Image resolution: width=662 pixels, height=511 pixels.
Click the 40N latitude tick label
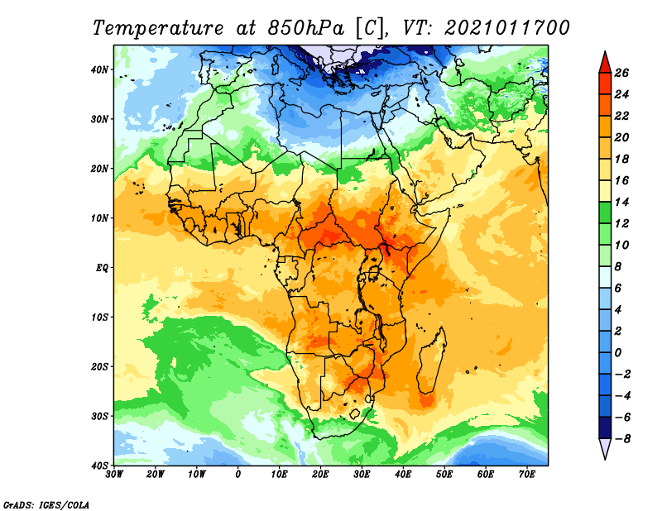click(99, 69)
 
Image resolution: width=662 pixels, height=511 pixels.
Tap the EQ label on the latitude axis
click(102, 268)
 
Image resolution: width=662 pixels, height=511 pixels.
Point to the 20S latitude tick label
click(99, 366)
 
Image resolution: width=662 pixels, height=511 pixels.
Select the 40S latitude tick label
click(99, 466)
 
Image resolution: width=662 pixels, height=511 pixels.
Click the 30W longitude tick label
click(114, 475)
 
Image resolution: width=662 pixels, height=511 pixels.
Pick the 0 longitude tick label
click(238, 475)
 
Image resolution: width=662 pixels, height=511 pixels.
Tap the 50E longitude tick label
click(444, 475)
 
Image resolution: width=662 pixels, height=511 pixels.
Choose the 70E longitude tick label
click(527, 475)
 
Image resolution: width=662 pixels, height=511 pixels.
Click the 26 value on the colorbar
click(621, 73)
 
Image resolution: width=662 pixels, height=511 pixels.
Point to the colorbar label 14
click(621, 202)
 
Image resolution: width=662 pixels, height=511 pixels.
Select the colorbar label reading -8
click(622, 439)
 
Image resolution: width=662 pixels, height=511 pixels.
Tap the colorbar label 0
click(618, 353)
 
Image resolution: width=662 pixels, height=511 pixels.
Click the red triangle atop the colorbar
click(605, 64)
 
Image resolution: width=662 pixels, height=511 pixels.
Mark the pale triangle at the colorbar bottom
click(605, 447)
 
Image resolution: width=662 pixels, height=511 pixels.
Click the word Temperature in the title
click(158, 28)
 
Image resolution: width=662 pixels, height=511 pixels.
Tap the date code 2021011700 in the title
click(507, 28)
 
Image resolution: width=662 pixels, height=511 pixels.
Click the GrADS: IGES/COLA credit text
click(46, 505)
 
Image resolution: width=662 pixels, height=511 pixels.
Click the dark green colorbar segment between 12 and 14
click(605, 213)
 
